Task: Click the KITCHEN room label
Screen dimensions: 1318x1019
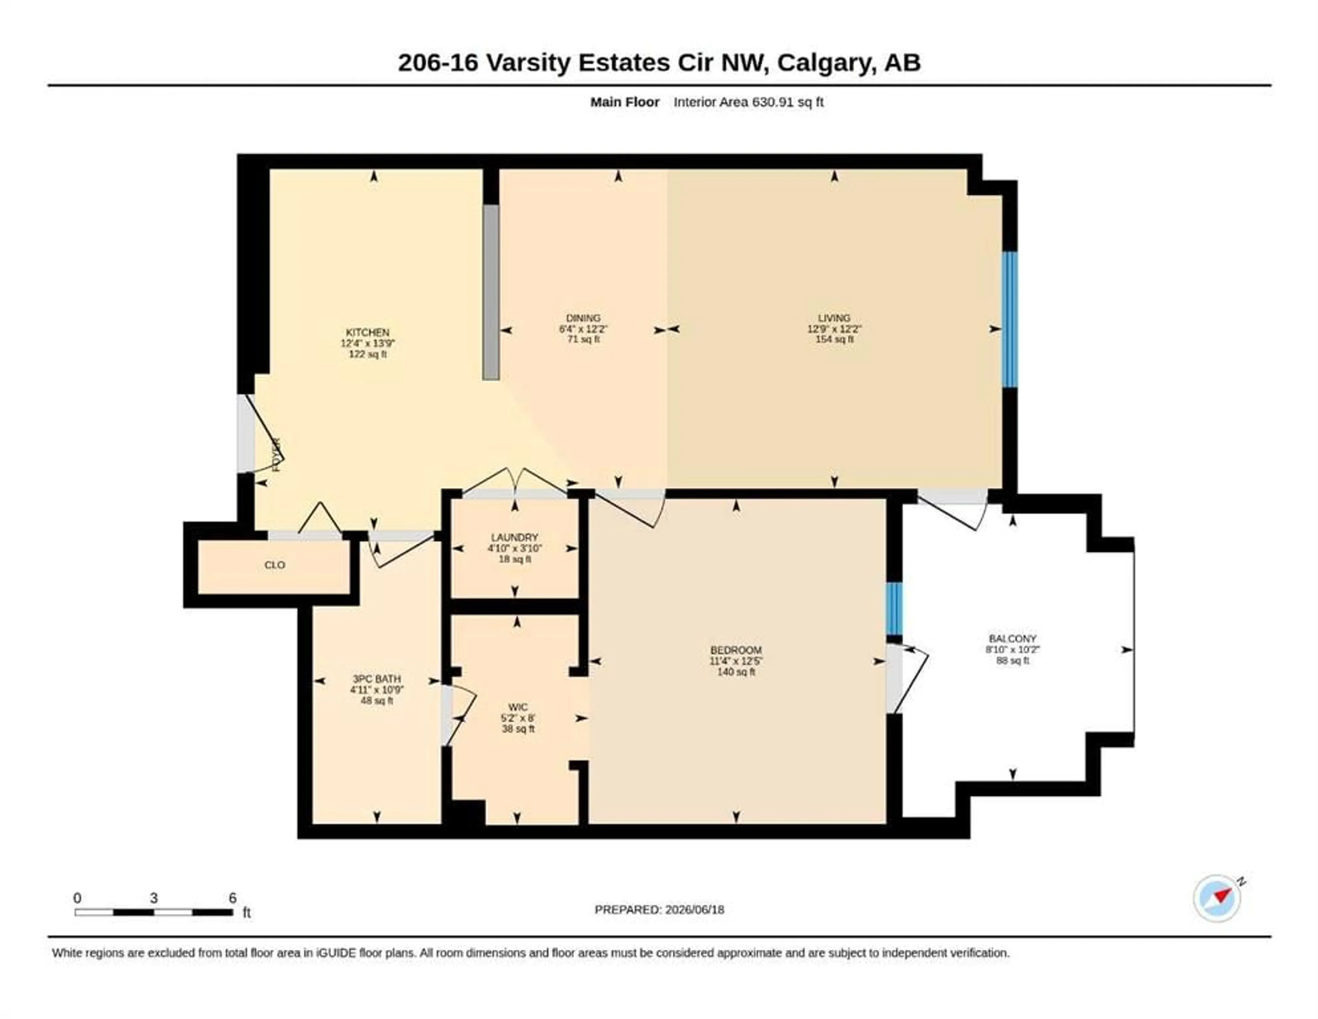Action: coord(368,332)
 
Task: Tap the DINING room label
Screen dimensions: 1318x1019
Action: coord(583,318)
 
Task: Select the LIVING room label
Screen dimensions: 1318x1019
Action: coord(834,318)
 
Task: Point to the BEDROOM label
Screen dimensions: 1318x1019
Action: coord(736,651)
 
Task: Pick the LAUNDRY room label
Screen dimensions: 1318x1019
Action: coord(514,538)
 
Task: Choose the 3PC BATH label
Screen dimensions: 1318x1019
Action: coord(377,679)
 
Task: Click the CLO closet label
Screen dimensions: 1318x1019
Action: coord(275,565)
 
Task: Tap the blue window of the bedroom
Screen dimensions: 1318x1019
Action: coord(894,609)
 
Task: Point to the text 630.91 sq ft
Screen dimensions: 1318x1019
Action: coord(787,102)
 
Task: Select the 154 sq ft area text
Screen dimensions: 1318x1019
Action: coord(834,339)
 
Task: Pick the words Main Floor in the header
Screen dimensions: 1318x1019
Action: coord(625,102)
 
